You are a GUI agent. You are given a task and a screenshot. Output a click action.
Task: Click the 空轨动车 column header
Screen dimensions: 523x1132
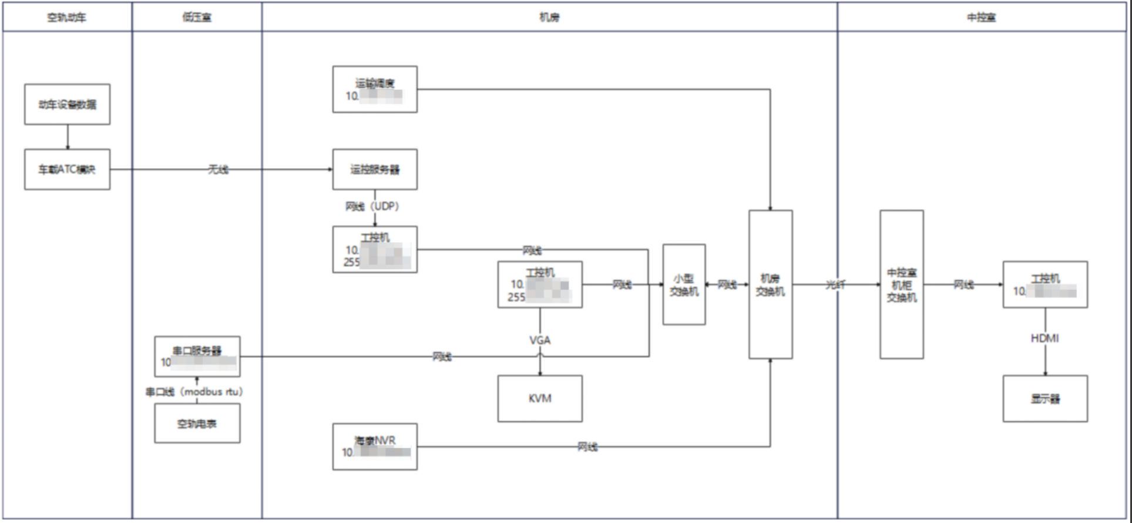(66, 17)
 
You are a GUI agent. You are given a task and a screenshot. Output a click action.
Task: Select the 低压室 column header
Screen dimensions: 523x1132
(197, 17)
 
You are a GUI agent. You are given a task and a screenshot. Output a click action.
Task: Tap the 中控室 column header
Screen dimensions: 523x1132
(981, 17)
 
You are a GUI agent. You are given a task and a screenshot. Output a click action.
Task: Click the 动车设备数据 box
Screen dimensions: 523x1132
(67, 104)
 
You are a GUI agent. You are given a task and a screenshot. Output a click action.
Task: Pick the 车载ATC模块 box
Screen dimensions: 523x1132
(67, 169)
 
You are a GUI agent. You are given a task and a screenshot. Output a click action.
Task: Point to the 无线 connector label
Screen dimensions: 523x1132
(218, 169)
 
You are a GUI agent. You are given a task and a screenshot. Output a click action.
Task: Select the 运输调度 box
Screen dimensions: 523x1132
(375, 89)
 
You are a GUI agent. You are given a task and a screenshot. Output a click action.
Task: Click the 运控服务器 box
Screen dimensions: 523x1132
(375, 169)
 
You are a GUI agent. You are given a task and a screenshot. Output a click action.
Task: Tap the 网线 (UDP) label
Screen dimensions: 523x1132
(372, 206)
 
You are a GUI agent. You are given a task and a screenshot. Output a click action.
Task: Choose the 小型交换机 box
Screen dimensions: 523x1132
(684, 284)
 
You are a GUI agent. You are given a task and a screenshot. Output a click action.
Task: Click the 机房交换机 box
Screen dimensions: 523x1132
(770, 284)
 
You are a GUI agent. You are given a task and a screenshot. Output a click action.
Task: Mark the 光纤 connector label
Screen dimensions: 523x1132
(835, 284)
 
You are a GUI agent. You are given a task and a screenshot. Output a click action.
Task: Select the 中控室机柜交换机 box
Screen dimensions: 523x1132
(901, 284)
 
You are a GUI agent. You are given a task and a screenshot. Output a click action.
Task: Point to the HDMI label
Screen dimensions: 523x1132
(1044, 338)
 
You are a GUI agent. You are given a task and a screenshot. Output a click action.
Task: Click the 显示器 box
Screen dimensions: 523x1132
(1044, 398)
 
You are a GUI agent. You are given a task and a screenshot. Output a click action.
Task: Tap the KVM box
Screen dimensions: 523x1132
(540, 398)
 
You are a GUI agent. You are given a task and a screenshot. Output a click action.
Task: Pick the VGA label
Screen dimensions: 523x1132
(540, 340)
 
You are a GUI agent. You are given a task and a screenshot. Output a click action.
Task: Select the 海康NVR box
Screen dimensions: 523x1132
(375, 447)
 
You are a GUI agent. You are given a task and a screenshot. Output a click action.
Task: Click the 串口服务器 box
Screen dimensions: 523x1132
(197, 356)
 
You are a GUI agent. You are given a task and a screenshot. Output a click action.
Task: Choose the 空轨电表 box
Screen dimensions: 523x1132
(197, 423)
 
